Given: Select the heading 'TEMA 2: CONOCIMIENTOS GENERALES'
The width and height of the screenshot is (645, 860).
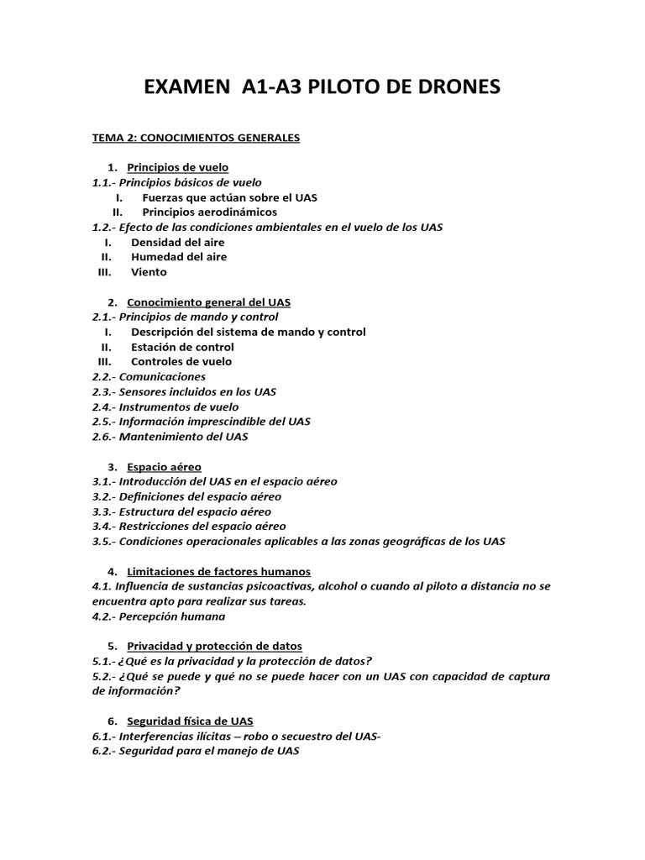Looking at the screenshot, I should pos(196,137).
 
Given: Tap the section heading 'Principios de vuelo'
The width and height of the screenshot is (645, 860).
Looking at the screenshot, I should pos(177,167).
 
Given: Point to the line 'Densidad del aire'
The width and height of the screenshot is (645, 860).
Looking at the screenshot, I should pos(178,242).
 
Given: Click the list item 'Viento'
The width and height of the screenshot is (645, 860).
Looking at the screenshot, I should pos(149,272).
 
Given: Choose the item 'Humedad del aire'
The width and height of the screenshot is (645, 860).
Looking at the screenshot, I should pos(179,257).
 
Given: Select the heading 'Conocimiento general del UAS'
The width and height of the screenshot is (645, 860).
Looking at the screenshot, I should pos(208,302).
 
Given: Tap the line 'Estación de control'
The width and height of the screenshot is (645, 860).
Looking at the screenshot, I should pos(182,347).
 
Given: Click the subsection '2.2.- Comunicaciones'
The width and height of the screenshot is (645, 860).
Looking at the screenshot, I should pos(149,377).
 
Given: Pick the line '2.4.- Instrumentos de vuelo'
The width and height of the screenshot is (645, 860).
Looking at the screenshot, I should pos(165,406).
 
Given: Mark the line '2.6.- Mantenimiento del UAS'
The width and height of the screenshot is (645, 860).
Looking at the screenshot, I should pos(170,437).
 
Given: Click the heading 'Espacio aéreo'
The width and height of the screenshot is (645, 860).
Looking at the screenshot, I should pos(164,466).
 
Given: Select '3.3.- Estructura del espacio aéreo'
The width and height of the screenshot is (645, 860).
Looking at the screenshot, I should pos(181,511).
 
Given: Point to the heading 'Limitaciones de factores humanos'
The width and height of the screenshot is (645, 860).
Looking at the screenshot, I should pos(218,571).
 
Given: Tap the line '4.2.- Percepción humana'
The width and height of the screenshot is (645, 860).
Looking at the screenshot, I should pos(159,616).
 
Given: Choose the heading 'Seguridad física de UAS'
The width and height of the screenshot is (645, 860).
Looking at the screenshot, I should pos(190,721).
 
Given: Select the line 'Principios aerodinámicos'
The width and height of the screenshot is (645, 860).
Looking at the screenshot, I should pos(209,212).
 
